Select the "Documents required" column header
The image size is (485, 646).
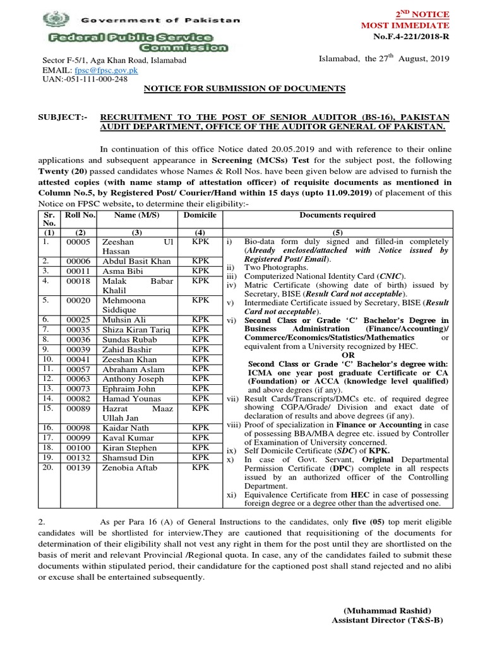tap(337, 215)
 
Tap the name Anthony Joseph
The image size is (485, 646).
tap(131, 378)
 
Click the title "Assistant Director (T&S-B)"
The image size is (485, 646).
tap(387, 621)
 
